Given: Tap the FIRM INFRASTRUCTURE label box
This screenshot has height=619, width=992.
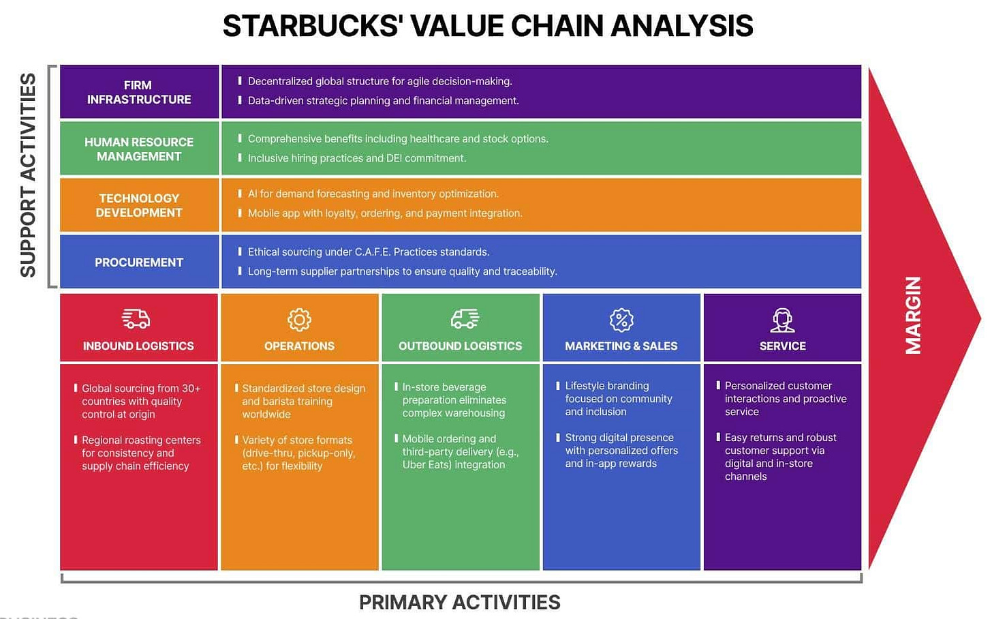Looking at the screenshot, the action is tap(139, 92).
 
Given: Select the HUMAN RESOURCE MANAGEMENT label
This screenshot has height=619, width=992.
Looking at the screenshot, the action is tap(139, 149).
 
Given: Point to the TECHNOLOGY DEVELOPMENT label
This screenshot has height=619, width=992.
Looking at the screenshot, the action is tap(139, 205).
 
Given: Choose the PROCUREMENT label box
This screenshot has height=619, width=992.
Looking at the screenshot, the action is tap(139, 262).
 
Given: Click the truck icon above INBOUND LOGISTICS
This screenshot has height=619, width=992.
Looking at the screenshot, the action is tap(136, 318).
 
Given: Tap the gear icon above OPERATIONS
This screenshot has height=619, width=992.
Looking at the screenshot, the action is tap(299, 319).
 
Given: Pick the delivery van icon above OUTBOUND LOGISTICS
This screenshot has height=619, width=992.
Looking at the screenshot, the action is tap(465, 318).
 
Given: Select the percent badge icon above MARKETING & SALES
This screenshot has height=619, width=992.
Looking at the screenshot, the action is tap(621, 319).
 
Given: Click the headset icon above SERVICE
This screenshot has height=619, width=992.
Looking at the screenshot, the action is tap(782, 319).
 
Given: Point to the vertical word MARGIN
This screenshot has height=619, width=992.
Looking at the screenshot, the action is tap(913, 315).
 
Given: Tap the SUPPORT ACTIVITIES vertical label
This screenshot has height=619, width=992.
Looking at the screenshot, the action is tap(28, 175).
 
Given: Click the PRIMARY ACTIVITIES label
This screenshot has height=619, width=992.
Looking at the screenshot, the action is tap(459, 602).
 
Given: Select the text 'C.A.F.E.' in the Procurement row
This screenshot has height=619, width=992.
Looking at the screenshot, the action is tap(373, 252).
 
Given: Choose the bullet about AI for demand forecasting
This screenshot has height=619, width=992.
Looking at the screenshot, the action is tap(373, 194).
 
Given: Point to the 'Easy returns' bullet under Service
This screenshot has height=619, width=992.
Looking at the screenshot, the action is tap(779, 457).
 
